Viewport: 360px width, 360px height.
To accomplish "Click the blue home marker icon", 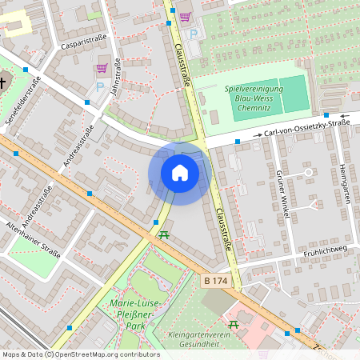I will point(180,173).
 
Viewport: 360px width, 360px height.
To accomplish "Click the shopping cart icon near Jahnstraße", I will point(102,68).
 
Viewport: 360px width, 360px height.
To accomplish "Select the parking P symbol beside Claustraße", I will point(194,34).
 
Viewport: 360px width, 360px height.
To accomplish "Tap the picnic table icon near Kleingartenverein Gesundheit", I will point(234,324).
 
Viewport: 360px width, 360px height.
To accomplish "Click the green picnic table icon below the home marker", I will point(164,234).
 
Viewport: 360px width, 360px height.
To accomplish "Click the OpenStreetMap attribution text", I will point(80,354).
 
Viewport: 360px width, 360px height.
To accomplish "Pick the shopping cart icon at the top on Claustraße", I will point(185,16).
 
